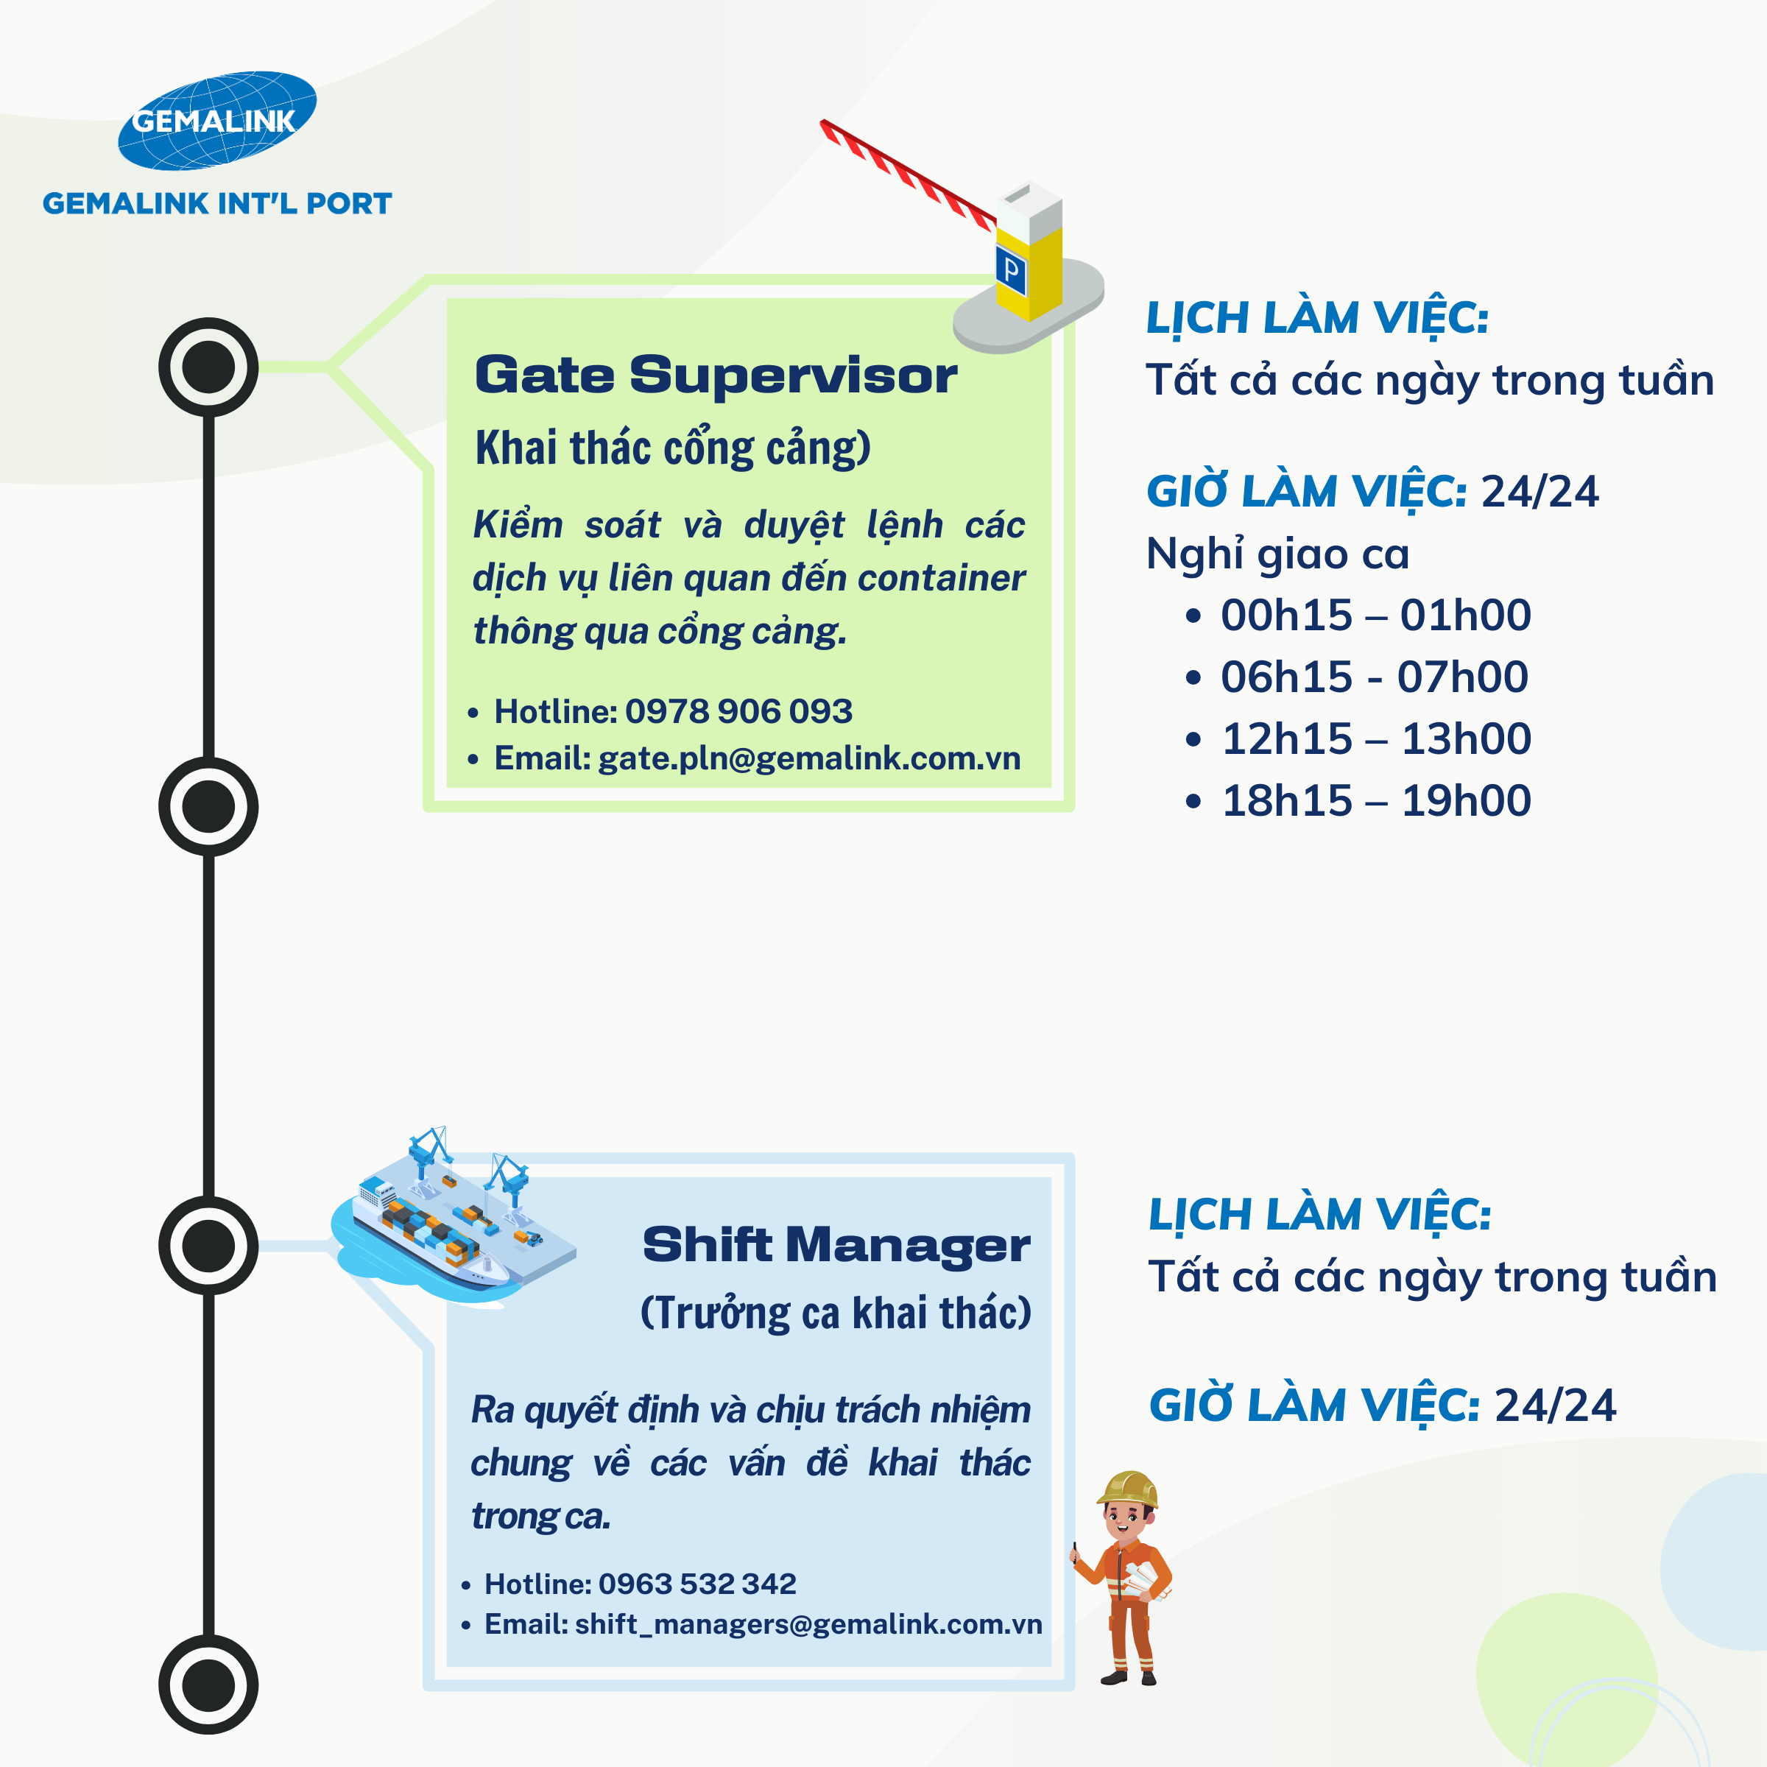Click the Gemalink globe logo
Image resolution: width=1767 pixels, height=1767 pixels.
[216, 120]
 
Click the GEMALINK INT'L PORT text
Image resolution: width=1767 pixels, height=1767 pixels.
[216, 203]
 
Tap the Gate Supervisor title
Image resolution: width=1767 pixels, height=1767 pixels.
[715, 375]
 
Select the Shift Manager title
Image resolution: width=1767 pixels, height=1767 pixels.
[836, 1245]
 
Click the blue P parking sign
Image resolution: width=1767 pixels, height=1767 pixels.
[1011, 269]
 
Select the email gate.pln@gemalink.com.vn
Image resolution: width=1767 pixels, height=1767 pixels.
[808, 758]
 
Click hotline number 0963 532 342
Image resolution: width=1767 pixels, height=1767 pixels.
[697, 1583]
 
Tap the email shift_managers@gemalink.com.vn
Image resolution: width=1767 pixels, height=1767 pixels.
[808, 1623]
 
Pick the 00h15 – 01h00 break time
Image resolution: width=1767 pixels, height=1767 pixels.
[1375, 615]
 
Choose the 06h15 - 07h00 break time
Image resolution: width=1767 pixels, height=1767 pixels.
[1374, 677]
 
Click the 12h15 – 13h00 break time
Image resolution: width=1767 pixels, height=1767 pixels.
[1375, 739]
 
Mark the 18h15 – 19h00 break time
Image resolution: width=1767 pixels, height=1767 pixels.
[1375, 801]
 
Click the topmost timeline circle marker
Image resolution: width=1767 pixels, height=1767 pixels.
[208, 367]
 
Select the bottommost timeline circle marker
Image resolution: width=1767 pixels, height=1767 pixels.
[208, 1685]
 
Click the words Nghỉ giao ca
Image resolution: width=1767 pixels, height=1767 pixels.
[1277, 554]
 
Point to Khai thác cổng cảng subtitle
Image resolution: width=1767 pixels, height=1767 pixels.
[672, 448]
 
